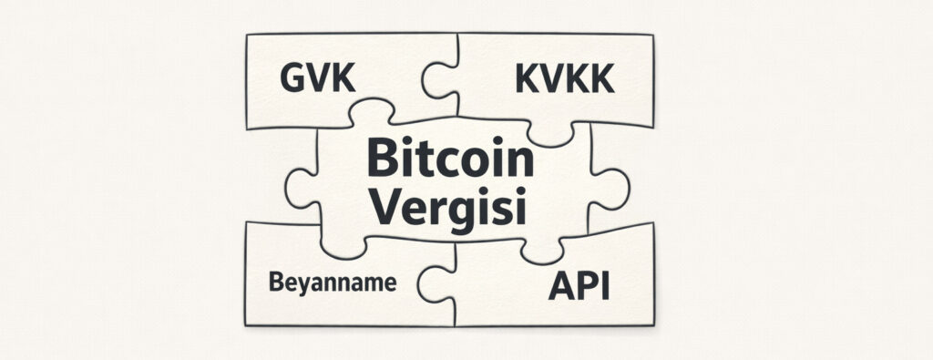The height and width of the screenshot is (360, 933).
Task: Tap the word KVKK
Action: pyautogui.click(x=564, y=80)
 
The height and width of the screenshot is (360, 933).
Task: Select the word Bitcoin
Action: pyautogui.click(x=449, y=161)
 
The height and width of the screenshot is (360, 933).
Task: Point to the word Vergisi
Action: pyautogui.click(x=450, y=209)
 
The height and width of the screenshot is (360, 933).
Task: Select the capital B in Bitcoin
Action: pyautogui.click(x=381, y=161)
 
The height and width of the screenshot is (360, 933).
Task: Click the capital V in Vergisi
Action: pyautogui.click(x=389, y=207)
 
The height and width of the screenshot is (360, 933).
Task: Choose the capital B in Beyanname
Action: pyautogui.click(x=276, y=283)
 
